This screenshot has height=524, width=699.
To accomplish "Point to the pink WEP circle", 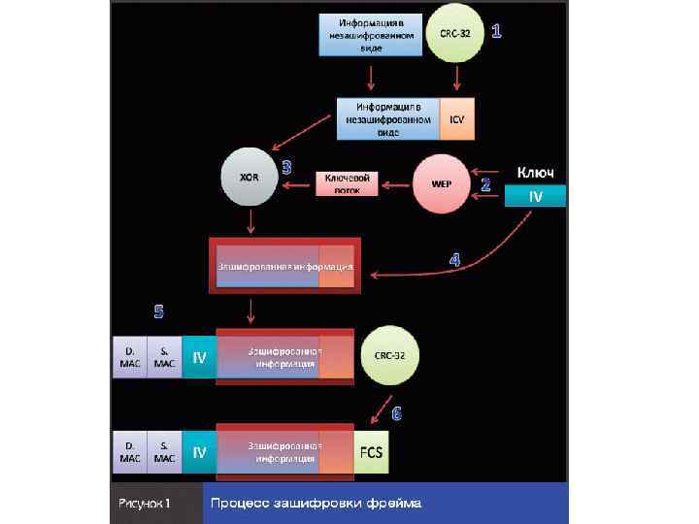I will pyautogui.click(x=440, y=181).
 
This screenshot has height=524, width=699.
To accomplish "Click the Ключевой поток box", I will pyautogui.click(x=347, y=183).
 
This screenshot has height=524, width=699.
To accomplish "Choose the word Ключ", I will pyautogui.click(x=534, y=172).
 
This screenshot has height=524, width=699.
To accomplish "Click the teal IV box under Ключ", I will pyautogui.click(x=535, y=196).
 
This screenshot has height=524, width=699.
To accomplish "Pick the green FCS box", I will pyautogui.click(x=371, y=453).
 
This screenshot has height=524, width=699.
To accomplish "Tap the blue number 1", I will pyautogui.click(x=497, y=32).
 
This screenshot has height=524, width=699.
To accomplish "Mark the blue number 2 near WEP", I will pyautogui.click(x=485, y=182).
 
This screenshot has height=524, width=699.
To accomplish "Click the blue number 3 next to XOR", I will pyautogui.click(x=286, y=166).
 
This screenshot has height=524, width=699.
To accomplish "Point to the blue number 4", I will pyautogui.click(x=454, y=259).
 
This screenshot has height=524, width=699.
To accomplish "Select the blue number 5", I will pyautogui.click(x=159, y=311).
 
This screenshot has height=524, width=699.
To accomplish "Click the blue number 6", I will pyautogui.click(x=397, y=413).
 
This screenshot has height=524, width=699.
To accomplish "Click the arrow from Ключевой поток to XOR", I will pyautogui.click(x=297, y=182).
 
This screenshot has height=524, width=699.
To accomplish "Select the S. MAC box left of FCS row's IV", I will pyautogui.click(x=164, y=452).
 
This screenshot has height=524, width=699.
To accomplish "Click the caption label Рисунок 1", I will pyautogui.click(x=146, y=504).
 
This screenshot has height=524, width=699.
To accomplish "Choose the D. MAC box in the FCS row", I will pyautogui.click(x=129, y=452).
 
